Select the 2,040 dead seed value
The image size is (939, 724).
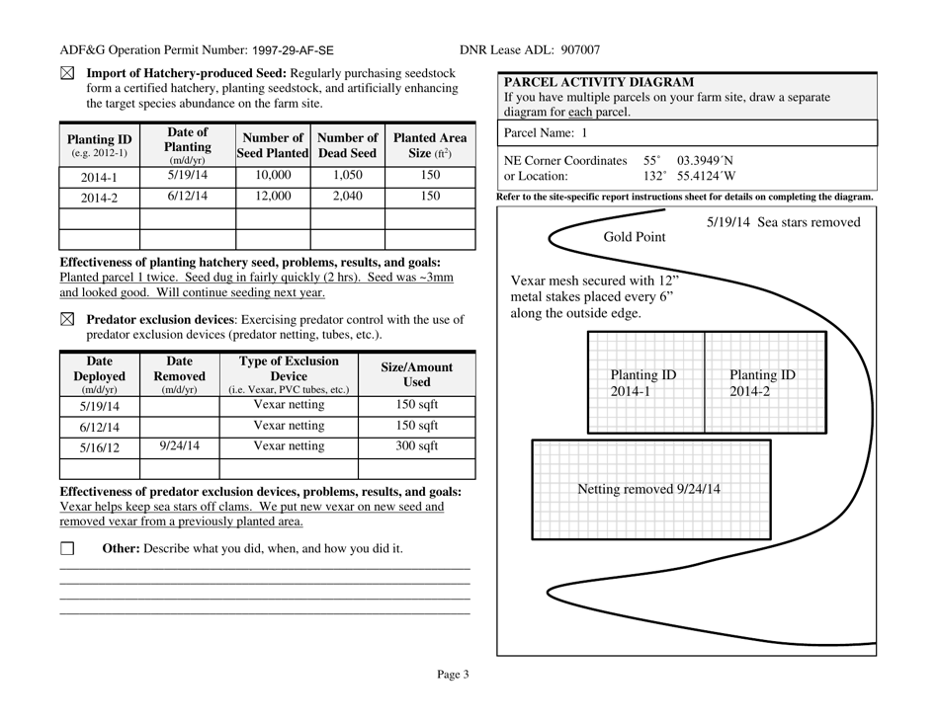tap(347, 196)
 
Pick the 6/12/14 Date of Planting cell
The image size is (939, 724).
tap(188, 196)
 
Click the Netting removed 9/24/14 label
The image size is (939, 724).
tap(648, 489)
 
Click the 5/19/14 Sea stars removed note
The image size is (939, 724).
tap(783, 222)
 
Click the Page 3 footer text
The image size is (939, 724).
tap(454, 676)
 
